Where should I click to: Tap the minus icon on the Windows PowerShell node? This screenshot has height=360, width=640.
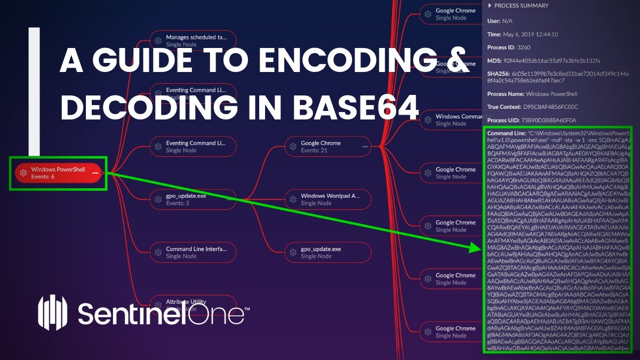pos(94,173)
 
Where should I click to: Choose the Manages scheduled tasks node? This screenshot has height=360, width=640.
pos(193,41)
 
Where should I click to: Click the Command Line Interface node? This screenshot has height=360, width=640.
pos(193,252)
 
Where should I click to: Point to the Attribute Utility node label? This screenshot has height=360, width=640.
pos(186,302)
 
